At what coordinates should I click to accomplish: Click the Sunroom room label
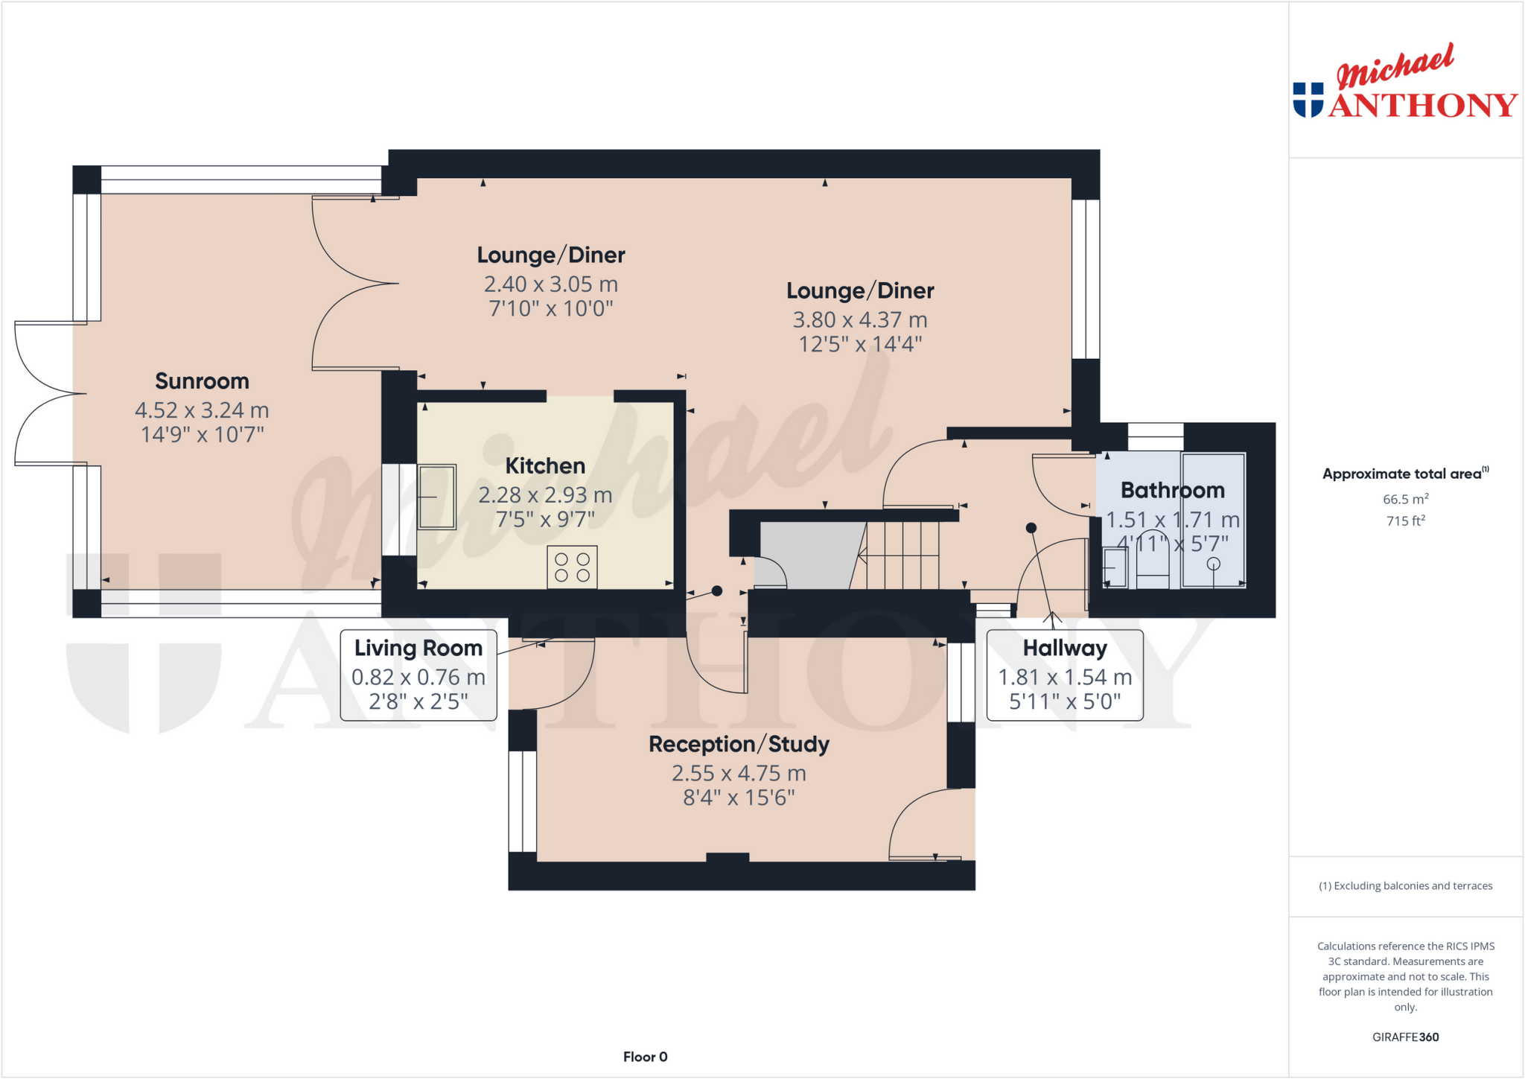(202, 381)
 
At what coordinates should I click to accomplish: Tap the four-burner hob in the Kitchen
(572, 567)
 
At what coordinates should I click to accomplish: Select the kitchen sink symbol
(436, 496)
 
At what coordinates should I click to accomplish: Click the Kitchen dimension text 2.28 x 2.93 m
(545, 495)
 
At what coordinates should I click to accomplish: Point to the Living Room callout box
(418, 675)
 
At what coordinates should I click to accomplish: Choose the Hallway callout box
(1064, 675)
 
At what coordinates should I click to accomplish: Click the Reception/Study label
(739, 744)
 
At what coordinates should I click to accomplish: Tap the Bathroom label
(1172, 490)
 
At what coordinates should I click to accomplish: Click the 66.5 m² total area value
(1405, 499)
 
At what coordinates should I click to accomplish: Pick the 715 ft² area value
(1405, 521)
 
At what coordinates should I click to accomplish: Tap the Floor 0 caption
(645, 1057)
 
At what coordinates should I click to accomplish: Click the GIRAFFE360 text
(1405, 1037)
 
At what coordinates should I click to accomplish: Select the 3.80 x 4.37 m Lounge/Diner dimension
(860, 320)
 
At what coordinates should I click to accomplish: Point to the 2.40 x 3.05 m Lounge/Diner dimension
(551, 284)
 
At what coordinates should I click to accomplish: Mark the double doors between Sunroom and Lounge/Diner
(354, 283)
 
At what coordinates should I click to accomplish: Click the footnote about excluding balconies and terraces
(1405, 885)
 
